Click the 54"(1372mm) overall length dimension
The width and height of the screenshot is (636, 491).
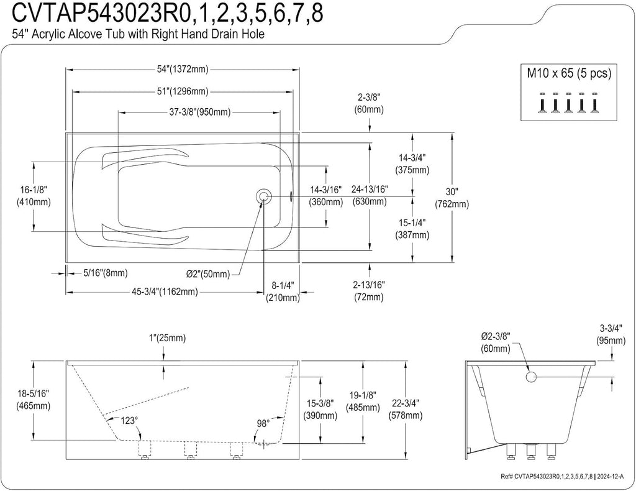point(183,70)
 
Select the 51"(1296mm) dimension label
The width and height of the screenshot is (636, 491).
point(183,92)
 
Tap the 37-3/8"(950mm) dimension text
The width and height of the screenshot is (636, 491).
point(199,112)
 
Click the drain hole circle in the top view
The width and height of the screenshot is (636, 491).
point(263,196)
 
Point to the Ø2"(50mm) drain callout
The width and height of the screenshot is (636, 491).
point(208,274)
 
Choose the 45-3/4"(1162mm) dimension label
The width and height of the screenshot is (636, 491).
point(165,291)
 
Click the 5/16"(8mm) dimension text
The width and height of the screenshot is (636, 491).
point(106,273)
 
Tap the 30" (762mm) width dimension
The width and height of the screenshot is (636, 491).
point(452,198)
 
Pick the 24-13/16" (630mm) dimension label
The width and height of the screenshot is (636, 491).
point(370,195)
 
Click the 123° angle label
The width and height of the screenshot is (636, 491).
point(128,421)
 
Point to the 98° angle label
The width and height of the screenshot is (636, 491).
point(263,424)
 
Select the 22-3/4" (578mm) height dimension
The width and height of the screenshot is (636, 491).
point(405,409)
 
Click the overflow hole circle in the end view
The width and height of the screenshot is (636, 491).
point(531,377)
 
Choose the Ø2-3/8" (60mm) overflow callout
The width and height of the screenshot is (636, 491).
point(496,342)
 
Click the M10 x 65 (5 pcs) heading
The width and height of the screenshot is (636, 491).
point(569,73)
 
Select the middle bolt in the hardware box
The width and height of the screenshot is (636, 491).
point(568,103)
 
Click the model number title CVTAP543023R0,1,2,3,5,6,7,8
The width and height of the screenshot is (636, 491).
point(168,12)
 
